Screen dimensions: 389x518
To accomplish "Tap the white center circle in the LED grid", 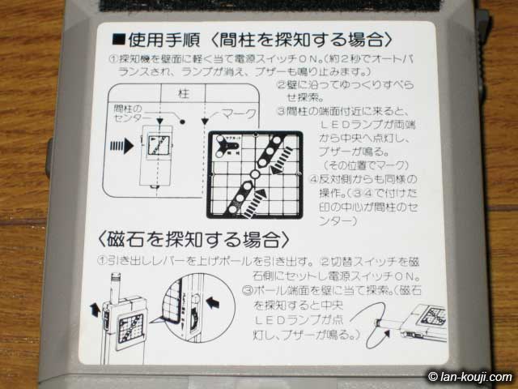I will coord(253,174).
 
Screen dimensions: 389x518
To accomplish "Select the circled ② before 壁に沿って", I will coord(281,85).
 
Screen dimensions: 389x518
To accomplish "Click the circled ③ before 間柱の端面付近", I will coord(281,111).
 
